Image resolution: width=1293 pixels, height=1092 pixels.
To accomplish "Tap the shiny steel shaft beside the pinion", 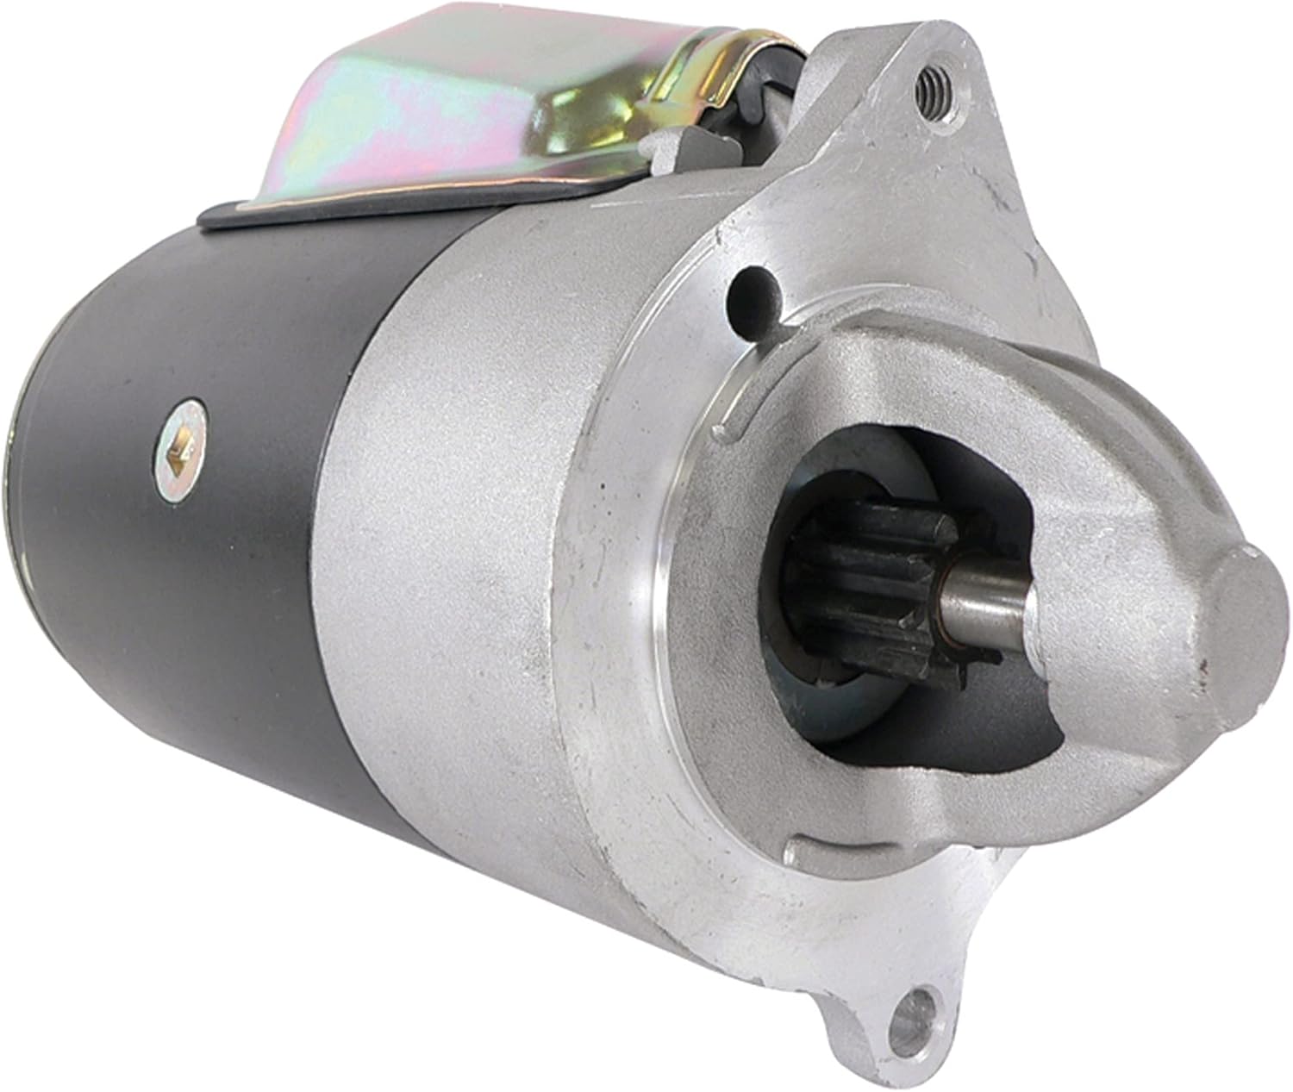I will [x=983, y=600].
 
